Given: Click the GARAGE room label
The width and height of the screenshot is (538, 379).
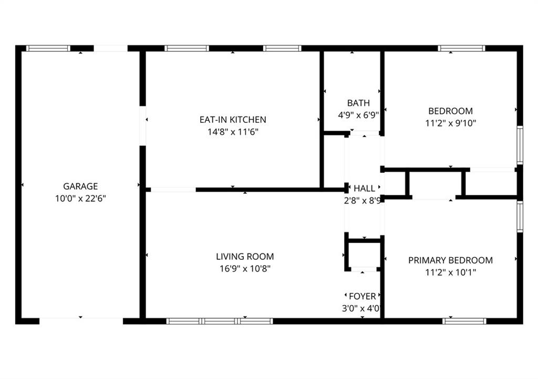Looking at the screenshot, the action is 80,186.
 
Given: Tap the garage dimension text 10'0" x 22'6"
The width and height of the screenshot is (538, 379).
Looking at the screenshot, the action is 80,198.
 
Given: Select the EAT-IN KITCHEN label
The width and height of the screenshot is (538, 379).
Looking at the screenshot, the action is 233,120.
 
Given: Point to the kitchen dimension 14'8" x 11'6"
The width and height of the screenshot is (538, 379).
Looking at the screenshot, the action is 233,132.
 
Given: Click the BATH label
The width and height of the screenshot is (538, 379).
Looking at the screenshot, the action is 358,103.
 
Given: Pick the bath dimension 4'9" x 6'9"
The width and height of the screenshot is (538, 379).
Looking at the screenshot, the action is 358,115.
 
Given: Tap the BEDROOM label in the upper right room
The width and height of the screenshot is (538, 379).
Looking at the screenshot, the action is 450,111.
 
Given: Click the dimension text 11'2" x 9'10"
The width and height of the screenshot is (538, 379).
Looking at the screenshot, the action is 450,123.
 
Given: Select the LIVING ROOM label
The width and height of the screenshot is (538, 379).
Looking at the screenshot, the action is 245,256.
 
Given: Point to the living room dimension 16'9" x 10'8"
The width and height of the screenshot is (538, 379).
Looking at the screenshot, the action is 245,268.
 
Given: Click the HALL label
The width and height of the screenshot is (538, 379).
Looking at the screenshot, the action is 365,188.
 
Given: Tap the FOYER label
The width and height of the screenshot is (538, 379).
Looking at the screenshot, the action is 363,296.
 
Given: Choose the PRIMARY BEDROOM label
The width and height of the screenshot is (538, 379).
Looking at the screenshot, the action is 450,260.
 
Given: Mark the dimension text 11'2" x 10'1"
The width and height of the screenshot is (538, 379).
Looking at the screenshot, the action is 450,272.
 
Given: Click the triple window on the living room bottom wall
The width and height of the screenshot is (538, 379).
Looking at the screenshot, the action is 220,321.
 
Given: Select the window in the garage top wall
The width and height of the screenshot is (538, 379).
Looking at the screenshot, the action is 48,48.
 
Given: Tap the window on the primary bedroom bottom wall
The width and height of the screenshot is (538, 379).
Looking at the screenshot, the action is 464,321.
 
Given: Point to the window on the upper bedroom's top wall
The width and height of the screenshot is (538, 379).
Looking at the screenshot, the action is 461,48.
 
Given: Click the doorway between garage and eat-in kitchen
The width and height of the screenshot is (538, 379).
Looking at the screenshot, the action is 143,126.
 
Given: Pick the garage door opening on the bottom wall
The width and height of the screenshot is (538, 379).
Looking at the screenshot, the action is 81,321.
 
